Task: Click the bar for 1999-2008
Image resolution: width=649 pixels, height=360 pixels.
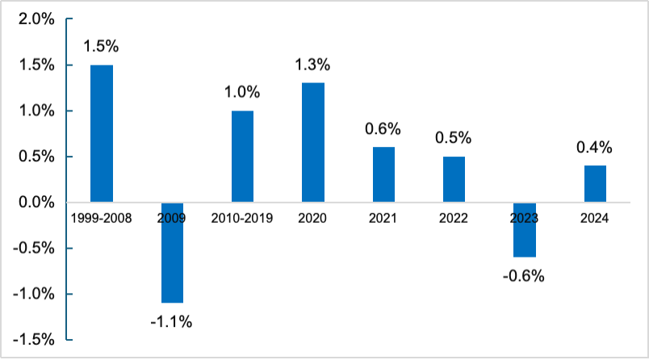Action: [101, 133]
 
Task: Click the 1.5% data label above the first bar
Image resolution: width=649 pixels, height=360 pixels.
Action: [101, 48]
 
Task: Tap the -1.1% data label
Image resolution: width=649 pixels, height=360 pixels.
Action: [171, 322]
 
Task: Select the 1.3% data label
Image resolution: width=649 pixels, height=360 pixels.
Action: [312, 65]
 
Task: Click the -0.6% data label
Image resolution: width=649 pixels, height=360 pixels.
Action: [524, 276]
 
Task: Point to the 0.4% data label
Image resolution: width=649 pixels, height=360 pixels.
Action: [595, 147]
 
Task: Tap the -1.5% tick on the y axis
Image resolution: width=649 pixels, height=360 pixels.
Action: [32, 340]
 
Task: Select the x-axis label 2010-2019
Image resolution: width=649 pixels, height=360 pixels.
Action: [242, 218]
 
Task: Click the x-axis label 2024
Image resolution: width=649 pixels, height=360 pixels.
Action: [595, 218]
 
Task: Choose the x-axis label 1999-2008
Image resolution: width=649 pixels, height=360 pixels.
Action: [101, 218]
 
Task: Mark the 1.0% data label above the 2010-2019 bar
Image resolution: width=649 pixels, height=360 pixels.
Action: [242, 92]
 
